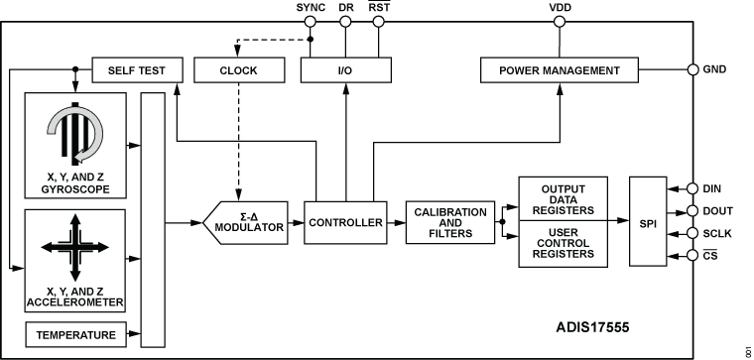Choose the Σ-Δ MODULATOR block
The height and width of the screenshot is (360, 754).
250,223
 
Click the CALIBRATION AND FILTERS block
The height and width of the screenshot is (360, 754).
449,223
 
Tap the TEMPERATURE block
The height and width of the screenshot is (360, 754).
77,335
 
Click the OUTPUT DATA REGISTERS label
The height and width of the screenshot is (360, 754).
563,196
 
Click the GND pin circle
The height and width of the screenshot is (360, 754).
692,70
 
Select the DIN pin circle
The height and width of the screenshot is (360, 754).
692,187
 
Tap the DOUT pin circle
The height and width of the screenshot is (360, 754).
692,210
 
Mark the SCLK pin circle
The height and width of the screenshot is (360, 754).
692,234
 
